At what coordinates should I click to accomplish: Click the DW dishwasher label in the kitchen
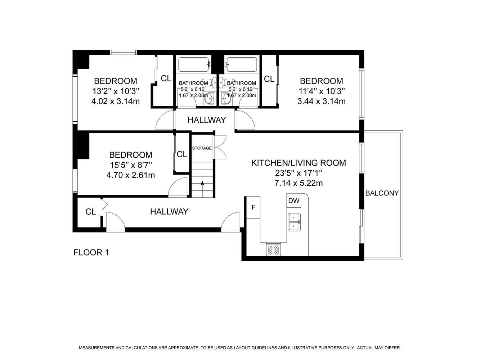point(294,201)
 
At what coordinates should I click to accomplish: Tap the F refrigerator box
point(254,207)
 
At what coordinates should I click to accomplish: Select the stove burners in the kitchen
point(273,250)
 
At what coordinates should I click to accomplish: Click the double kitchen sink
point(294,222)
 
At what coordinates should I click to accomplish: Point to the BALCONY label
point(382,193)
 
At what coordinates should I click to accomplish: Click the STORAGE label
point(202,148)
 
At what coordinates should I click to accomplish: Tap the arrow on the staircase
point(202,189)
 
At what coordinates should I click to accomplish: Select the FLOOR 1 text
point(91,252)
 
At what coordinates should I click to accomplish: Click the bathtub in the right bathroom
point(242,64)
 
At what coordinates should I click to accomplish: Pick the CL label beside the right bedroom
point(269,79)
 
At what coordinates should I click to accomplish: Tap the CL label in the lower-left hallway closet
point(90,212)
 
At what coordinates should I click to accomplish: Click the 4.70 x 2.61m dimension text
point(131,175)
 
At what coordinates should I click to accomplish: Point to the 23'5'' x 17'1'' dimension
point(299,173)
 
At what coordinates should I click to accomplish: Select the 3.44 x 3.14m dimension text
point(322,101)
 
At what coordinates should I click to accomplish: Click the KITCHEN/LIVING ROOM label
point(299,163)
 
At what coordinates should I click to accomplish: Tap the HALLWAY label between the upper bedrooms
point(207,120)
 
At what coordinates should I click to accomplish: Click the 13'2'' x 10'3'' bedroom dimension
point(116,91)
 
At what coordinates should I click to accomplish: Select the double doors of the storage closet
point(220,147)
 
